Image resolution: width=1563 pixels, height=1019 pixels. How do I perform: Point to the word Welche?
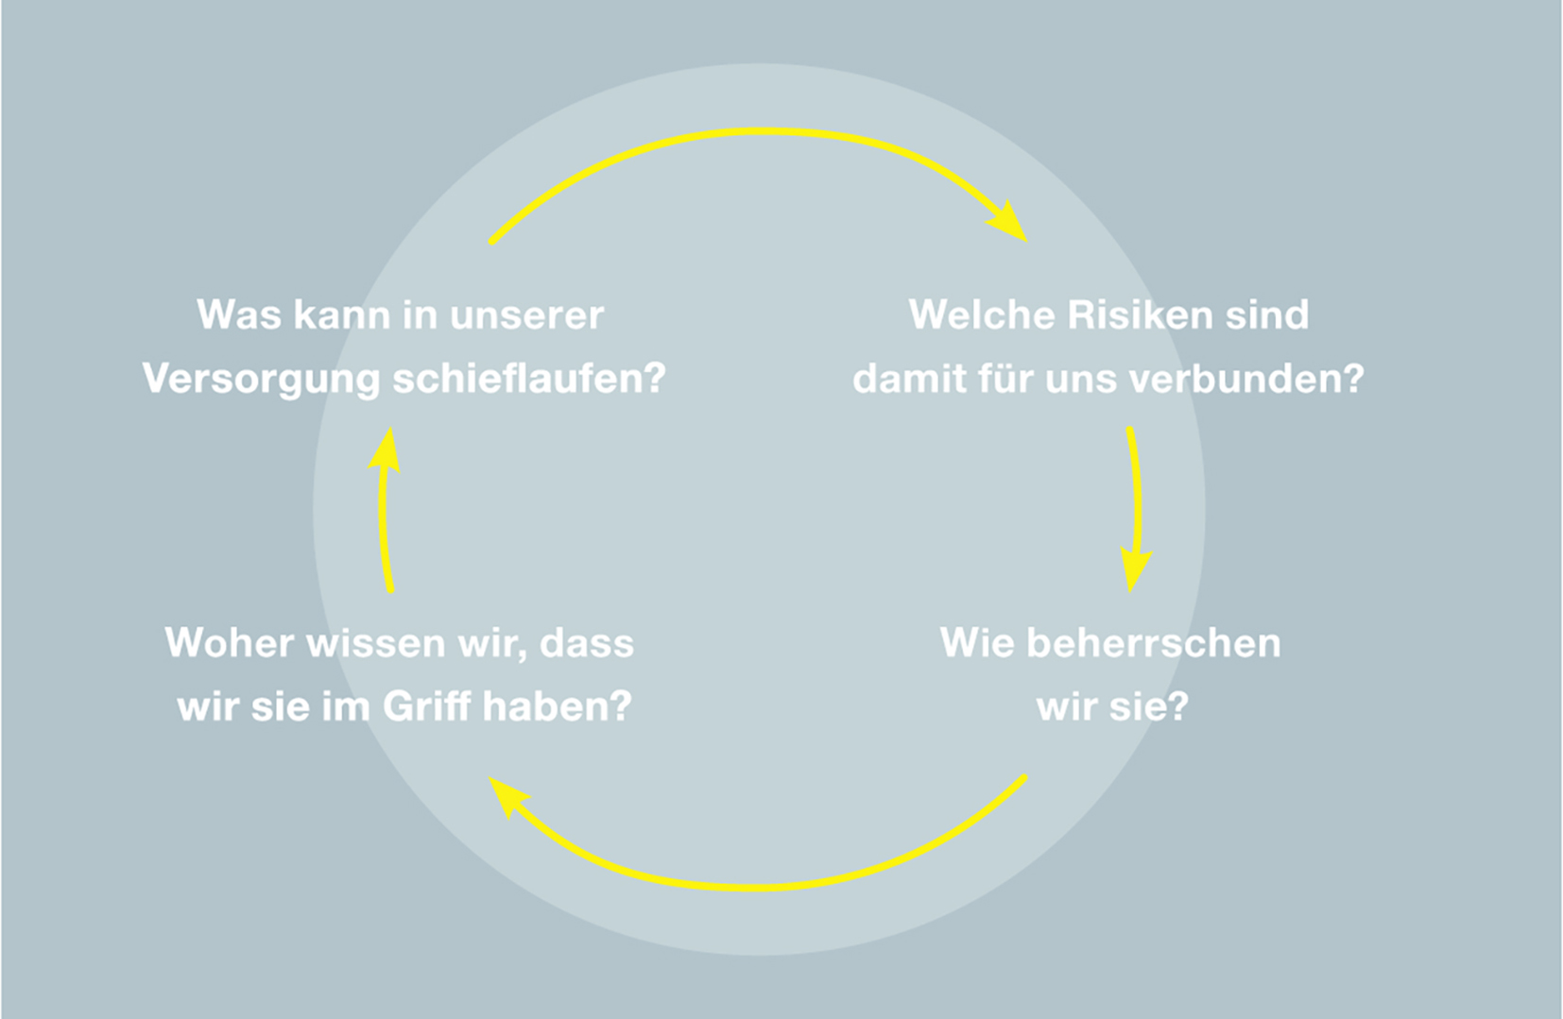(x=983, y=314)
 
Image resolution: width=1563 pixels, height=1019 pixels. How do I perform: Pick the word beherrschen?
(x=1154, y=642)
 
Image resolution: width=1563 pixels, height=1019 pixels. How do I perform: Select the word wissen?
(x=376, y=642)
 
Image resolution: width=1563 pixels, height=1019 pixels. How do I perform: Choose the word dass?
(x=587, y=642)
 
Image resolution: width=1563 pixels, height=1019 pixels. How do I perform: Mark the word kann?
(x=342, y=314)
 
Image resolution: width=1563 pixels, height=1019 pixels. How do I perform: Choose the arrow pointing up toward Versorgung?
(x=383, y=509)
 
